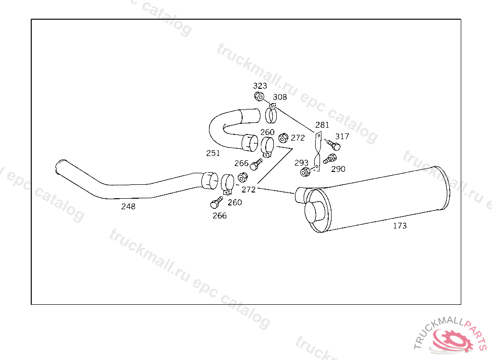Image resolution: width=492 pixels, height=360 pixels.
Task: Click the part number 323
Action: (x=260, y=85)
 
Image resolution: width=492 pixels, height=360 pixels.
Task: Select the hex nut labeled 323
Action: (x=259, y=96)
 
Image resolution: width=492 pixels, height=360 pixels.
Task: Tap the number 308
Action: (x=280, y=97)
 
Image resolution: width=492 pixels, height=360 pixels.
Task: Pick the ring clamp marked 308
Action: (x=271, y=114)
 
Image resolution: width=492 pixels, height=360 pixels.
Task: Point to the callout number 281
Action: (x=322, y=125)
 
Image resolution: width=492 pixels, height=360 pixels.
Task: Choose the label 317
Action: (x=342, y=136)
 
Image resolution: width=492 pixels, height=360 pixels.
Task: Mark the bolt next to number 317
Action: (x=333, y=144)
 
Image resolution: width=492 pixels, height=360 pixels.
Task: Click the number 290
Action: (x=338, y=169)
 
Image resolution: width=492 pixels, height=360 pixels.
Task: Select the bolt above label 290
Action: (x=330, y=158)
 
